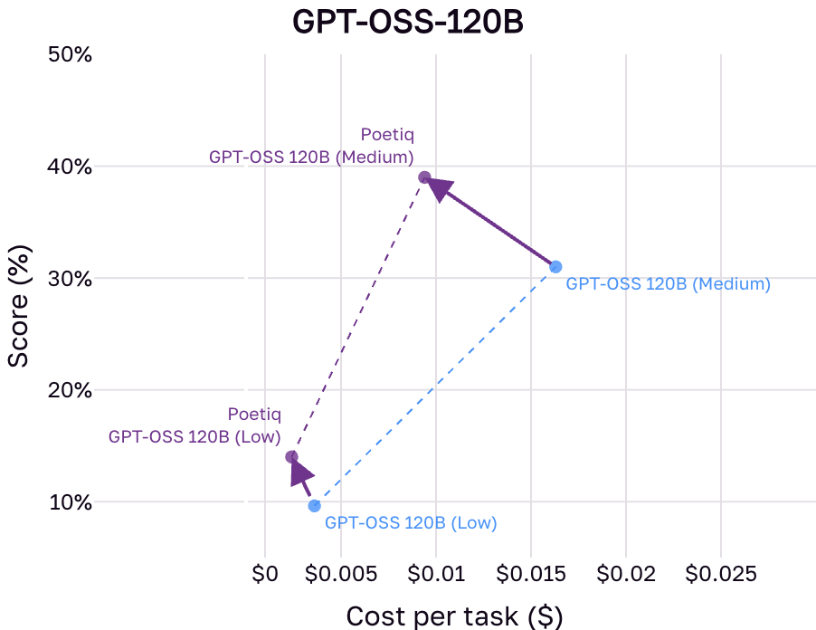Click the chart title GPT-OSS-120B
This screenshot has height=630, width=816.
[408, 22]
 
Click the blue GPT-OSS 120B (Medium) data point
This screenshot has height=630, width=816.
[555, 266]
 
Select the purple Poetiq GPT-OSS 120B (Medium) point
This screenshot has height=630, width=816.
[424, 177]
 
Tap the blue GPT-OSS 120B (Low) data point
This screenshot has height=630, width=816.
[314, 505]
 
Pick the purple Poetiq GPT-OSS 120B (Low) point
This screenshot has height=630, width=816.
[291, 457]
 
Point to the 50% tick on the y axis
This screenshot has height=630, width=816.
[69, 55]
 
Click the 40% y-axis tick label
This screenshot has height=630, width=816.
[69, 167]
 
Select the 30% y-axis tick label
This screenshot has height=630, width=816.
[69, 279]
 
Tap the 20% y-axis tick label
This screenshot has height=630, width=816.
[69, 390]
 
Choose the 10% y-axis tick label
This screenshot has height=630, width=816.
[69, 502]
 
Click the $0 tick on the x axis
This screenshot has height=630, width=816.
[264, 573]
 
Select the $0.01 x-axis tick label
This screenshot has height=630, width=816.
[436, 573]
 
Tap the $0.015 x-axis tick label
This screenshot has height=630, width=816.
[531, 573]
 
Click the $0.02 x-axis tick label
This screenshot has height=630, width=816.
[626, 573]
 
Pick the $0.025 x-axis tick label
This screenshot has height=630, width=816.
[721, 573]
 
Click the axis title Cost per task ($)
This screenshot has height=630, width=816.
[454, 616]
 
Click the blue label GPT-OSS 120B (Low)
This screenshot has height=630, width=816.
[411, 523]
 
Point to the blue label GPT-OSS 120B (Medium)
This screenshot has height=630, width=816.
[668, 284]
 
